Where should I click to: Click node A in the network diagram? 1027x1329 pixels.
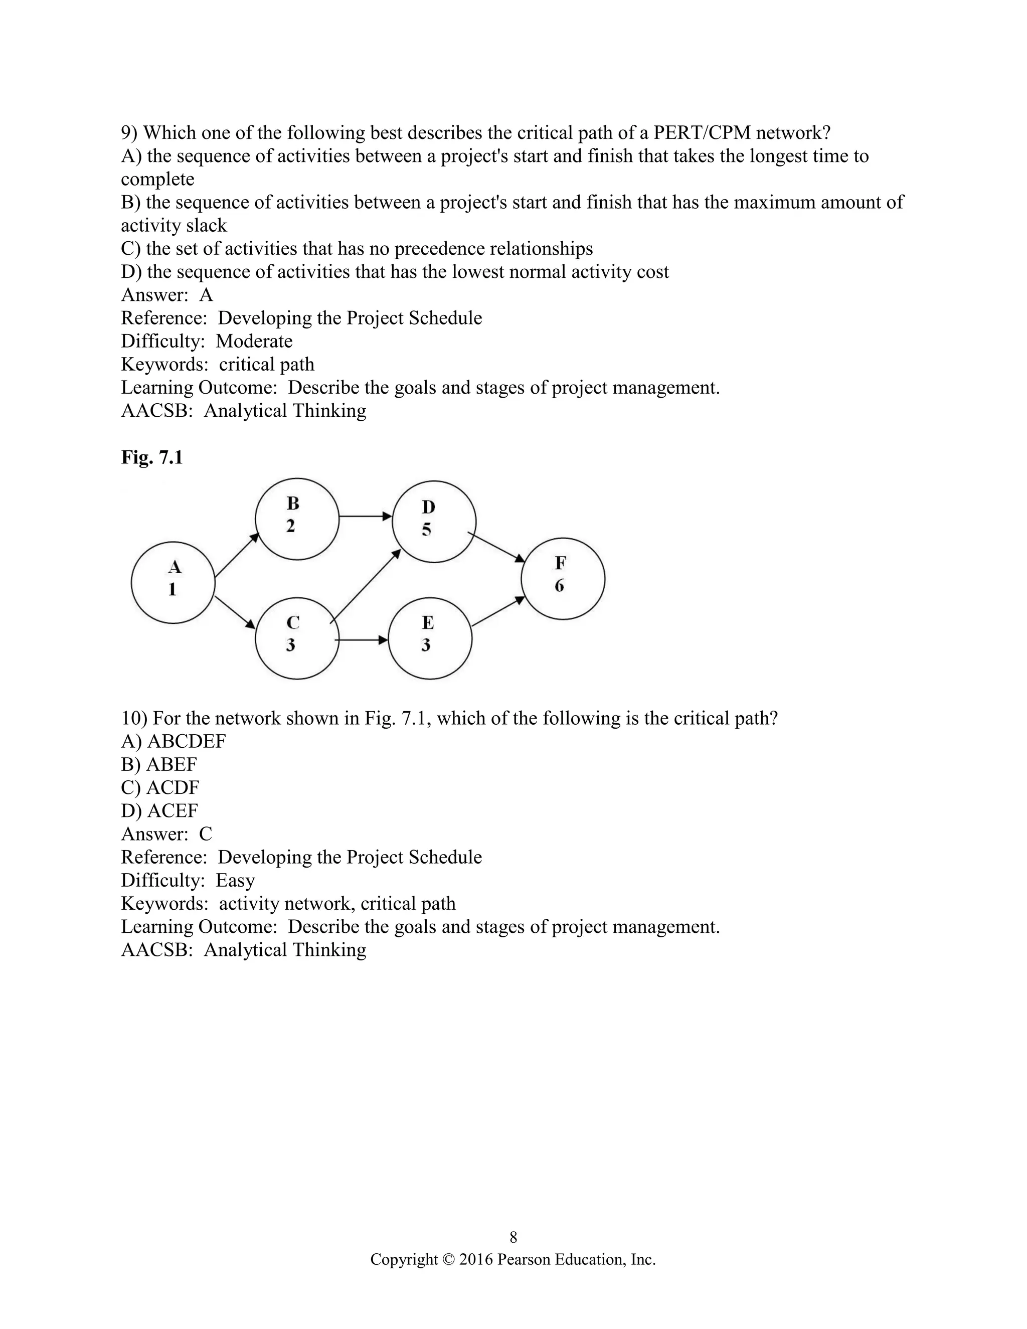coord(173,582)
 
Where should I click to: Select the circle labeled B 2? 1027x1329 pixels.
coord(296,519)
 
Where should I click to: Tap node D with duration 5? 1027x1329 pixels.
coord(434,522)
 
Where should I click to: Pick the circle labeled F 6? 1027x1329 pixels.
coord(563,578)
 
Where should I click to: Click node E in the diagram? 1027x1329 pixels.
coord(430,638)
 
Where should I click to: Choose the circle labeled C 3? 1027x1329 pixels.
coord(296,638)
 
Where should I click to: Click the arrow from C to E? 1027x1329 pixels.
coord(363,640)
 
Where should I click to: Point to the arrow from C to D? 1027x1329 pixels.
coord(365,587)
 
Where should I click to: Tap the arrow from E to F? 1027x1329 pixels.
coord(497,611)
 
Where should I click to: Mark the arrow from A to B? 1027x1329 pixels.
coord(237,556)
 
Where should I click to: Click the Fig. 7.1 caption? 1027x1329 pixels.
coord(152,457)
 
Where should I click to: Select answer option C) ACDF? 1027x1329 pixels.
coord(160,787)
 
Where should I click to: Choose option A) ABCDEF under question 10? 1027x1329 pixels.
coord(174,741)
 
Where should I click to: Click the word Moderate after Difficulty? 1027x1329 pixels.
coord(254,341)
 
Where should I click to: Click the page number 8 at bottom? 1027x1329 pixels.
coord(513,1237)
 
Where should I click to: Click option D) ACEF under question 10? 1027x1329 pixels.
coord(159,810)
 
